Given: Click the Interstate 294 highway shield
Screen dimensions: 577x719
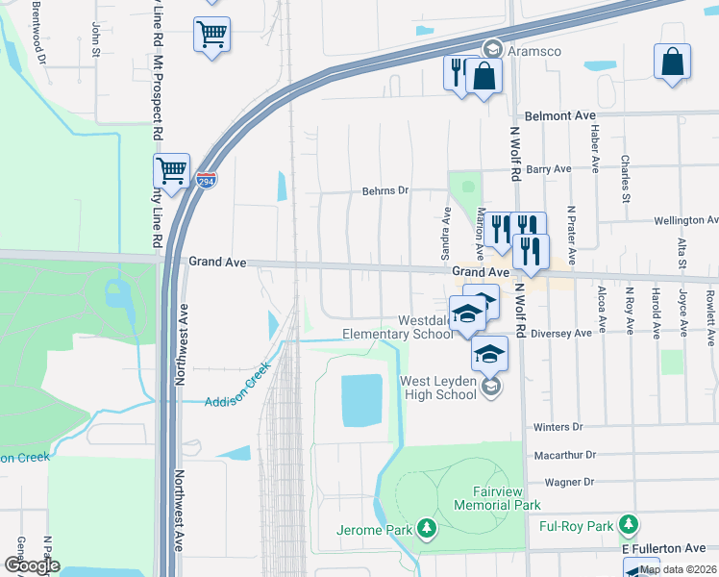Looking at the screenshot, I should (206, 180).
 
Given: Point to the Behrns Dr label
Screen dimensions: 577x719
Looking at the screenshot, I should (384, 190).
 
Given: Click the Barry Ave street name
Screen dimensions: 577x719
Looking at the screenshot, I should (549, 168).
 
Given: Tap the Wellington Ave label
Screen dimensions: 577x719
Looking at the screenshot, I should (685, 220).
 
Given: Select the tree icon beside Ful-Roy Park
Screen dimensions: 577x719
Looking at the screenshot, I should (628, 524).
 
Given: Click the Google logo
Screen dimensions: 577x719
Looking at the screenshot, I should (32, 565).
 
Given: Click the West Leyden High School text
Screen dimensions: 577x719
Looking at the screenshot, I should (443, 389).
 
